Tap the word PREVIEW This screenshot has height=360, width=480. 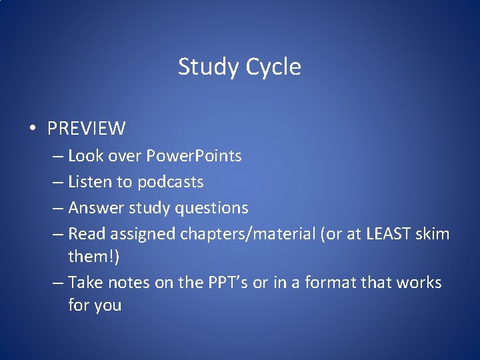click(87, 127)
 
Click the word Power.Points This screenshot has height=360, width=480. click(194, 156)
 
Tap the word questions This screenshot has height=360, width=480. click(211, 208)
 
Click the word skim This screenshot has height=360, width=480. click(435, 234)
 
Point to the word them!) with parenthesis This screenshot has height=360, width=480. click(93, 257)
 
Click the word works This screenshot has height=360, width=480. click(419, 283)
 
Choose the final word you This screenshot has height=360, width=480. click(107, 305)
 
